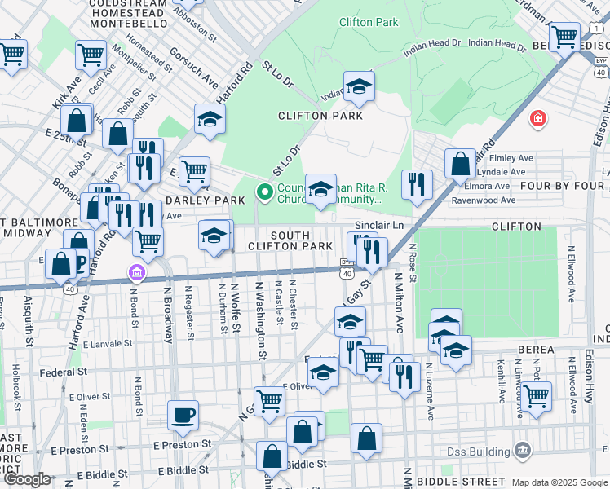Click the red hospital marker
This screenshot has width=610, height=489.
(x=537, y=120)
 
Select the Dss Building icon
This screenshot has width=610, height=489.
(x=523, y=451)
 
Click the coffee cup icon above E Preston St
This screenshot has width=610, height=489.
(x=183, y=415)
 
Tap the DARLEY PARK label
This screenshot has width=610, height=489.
(x=205, y=200)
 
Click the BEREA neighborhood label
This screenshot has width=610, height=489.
(x=535, y=350)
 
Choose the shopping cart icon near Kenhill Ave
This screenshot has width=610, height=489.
(x=536, y=396)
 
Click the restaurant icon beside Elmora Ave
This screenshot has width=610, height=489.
(x=417, y=184)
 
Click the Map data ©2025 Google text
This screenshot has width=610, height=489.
(x=559, y=482)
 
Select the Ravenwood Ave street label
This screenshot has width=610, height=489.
(x=485, y=200)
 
